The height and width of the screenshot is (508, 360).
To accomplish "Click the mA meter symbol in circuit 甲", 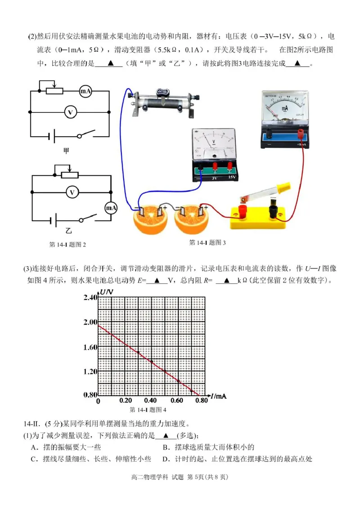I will pos(85,91).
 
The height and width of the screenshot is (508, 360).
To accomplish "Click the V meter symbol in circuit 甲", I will pos(70,112).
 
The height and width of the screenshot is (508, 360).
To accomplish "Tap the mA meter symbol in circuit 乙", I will pos(111,208).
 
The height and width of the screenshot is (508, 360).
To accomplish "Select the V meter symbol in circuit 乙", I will pos(71,192).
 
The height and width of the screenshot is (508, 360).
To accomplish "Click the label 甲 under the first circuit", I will pos(67,151).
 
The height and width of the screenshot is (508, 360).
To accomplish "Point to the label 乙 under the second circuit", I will pos(68,231).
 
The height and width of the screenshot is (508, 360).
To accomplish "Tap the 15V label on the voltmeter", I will pos(231,178).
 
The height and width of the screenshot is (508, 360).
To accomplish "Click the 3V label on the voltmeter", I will pos(214,178).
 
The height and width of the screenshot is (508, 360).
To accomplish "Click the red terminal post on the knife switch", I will pos(243,209).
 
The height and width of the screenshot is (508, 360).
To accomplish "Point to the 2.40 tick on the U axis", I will pos(90,298).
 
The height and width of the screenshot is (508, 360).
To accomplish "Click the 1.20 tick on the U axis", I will pos(90,371).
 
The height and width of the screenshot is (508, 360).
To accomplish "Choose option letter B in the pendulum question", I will pos(165,447).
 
